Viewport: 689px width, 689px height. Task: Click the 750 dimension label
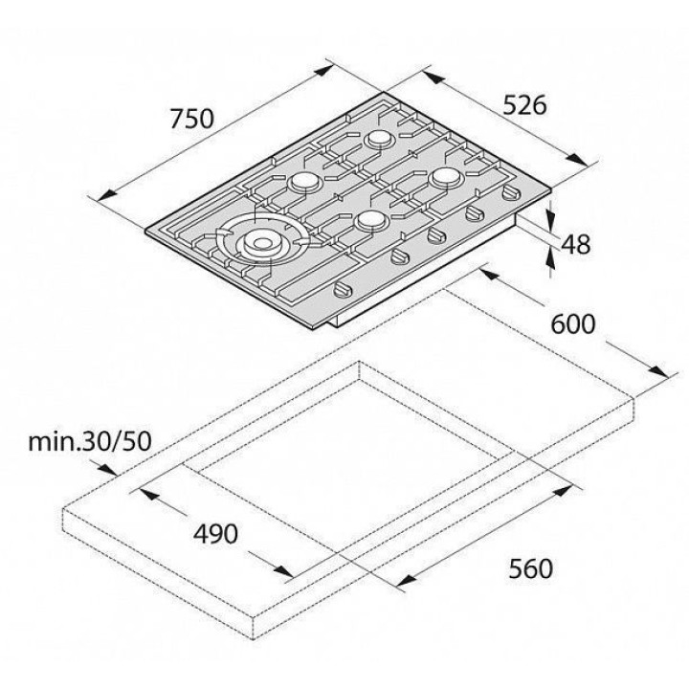point(192,119)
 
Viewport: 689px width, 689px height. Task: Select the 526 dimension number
point(524,105)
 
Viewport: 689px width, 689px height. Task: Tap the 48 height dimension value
point(576,244)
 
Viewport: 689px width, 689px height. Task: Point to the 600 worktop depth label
point(573,324)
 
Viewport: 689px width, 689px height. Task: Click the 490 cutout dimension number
point(215,534)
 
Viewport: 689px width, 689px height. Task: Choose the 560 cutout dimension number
point(530,568)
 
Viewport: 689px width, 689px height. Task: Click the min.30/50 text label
point(90,441)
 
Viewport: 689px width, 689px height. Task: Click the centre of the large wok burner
point(262,243)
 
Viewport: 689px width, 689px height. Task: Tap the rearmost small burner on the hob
point(380,139)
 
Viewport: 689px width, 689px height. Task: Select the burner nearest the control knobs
point(372,219)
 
